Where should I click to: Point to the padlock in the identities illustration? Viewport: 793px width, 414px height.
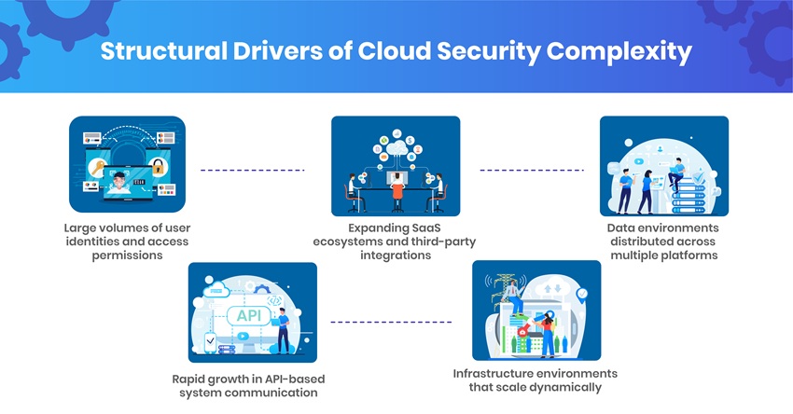[158, 169]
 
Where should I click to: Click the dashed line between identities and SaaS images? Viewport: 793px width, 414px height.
[253, 171]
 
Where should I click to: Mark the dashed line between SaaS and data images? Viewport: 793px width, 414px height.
[531, 171]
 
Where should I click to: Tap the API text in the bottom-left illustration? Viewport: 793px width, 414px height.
[248, 315]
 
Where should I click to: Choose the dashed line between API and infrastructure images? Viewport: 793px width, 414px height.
[391, 322]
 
